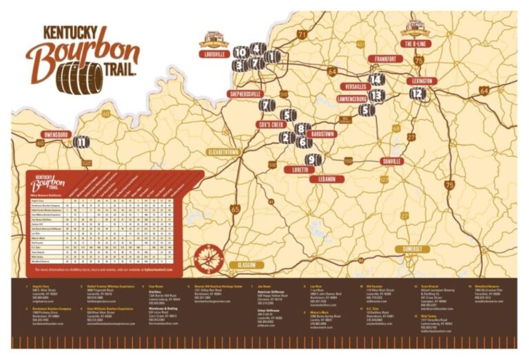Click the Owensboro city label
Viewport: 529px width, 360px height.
pos(56,134)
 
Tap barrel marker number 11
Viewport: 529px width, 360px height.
pos(81,142)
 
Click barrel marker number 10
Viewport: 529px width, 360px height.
pos(241,52)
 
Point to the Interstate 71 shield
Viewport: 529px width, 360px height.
pos(302,34)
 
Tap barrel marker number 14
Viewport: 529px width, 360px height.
pos(376,79)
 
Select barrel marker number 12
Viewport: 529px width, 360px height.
pos(417,94)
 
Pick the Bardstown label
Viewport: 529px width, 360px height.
pos(318,134)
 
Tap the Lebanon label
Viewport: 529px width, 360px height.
pos(326,179)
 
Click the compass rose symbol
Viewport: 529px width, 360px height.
pos(207,256)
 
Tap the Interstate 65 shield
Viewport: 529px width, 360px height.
pos(236,209)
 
